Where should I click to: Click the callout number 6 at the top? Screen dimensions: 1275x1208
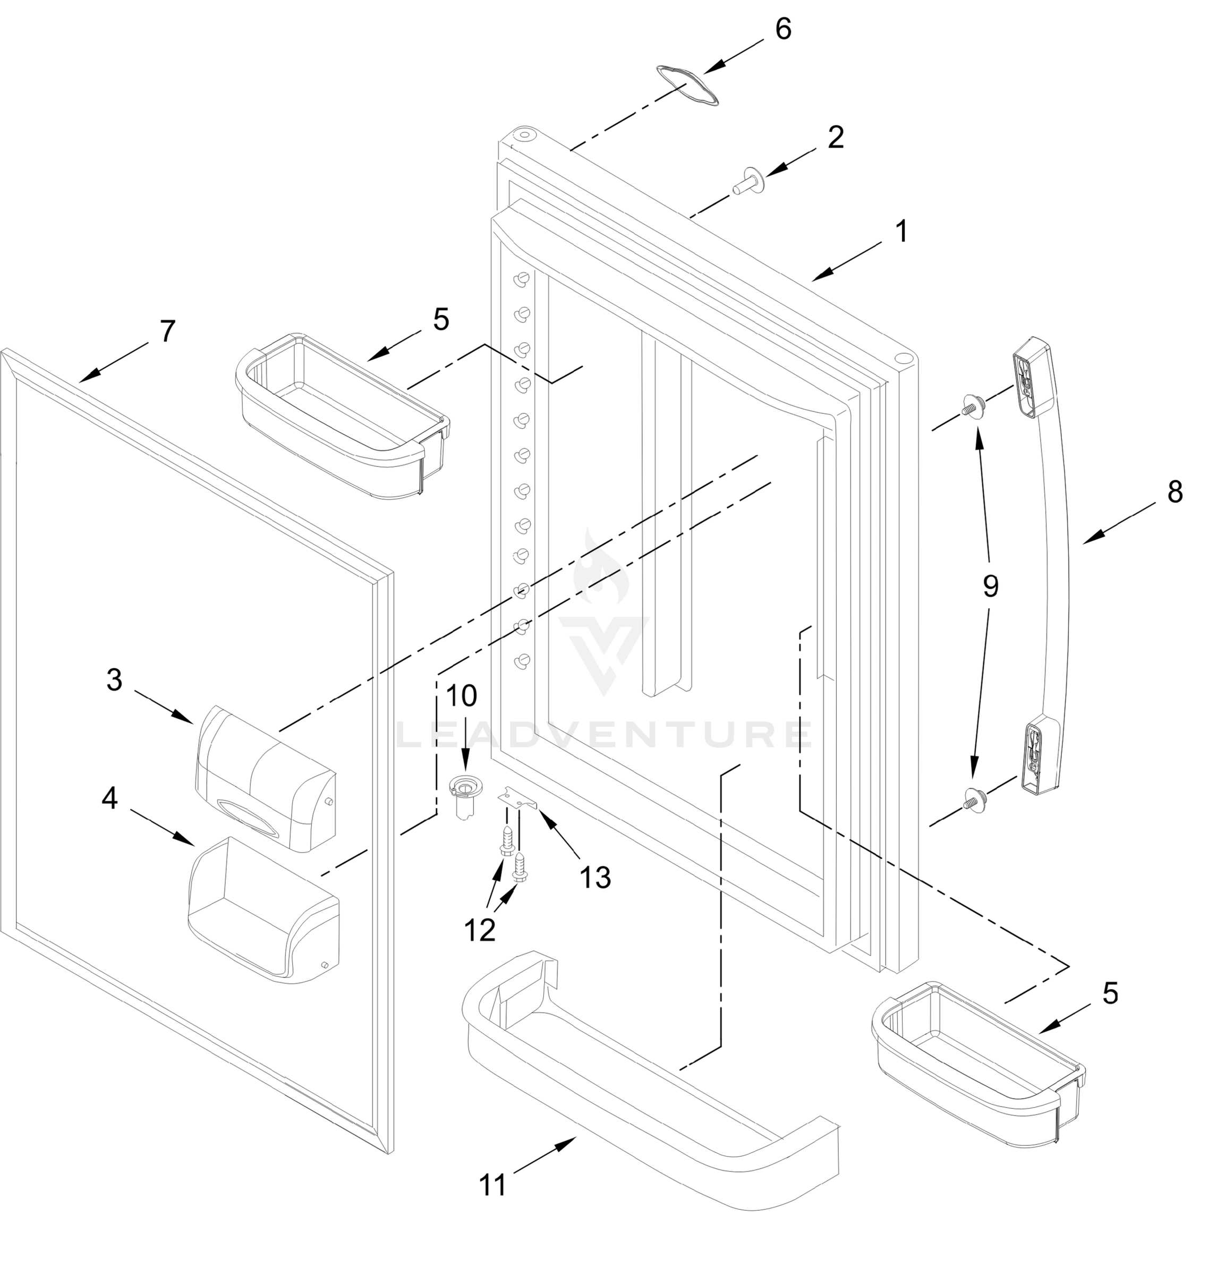(783, 29)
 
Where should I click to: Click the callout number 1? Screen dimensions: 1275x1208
(902, 231)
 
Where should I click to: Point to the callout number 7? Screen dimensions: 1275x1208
(167, 331)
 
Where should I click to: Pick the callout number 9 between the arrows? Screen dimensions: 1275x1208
(990, 586)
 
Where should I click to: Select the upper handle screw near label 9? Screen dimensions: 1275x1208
(973, 406)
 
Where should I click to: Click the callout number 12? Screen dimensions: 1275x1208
(480, 930)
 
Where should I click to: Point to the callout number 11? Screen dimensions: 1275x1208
(494, 1184)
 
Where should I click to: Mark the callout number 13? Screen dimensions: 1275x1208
(595, 877)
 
